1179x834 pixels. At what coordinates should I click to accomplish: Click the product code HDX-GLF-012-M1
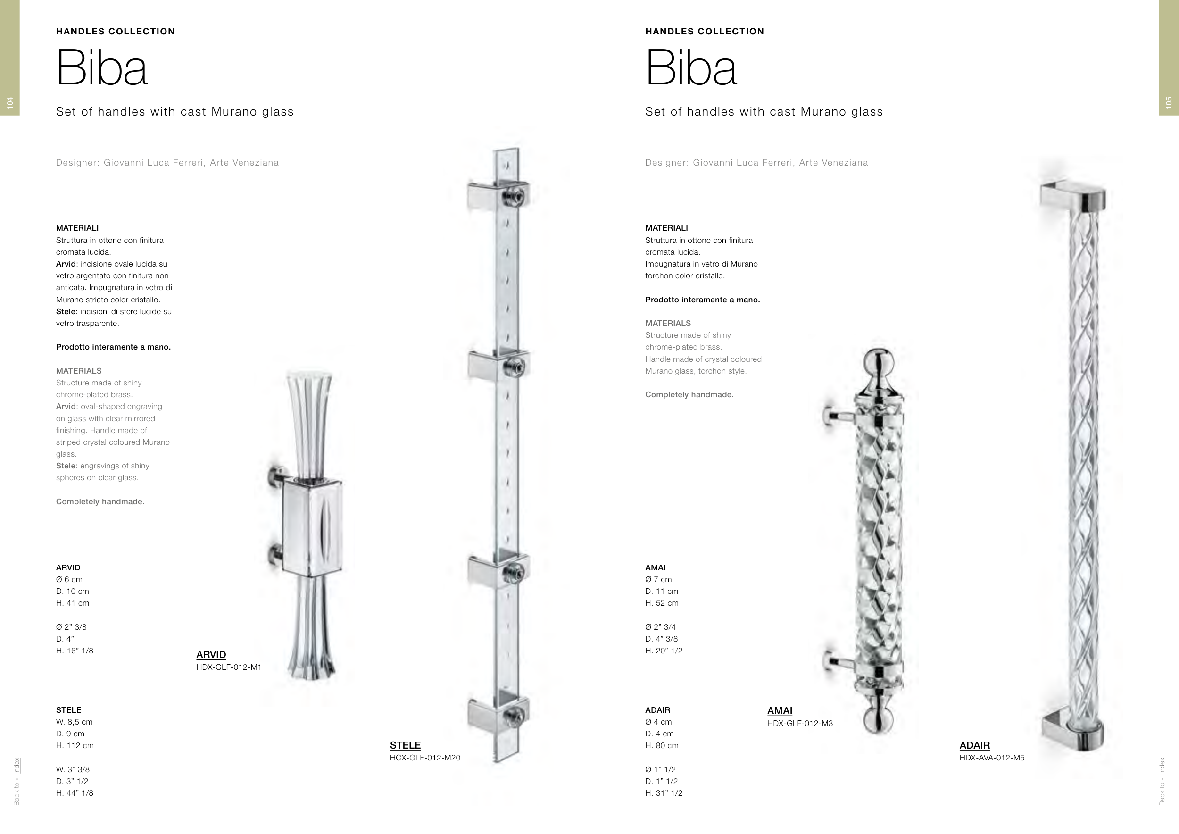tap(229, 667)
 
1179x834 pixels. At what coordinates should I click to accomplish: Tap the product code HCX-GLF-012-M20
tap(424, 758)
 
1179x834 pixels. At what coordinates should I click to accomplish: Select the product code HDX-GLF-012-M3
tap(800, 723)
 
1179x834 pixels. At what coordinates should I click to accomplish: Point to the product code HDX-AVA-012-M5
tap(992, 758)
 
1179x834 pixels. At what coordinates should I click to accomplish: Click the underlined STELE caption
tap(405, 745)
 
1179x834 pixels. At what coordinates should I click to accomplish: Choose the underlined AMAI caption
tap(780, 711)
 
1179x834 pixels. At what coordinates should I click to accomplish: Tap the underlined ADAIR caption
tap(975, 745)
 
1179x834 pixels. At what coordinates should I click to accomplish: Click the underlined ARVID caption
tap(211, 655)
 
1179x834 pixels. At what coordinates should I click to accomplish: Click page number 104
tap(10, 102)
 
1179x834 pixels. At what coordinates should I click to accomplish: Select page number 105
tap(1169, 102)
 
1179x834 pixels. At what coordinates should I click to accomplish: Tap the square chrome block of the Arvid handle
tap(312, 527)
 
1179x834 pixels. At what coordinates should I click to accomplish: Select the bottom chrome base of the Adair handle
tap(1073, 734)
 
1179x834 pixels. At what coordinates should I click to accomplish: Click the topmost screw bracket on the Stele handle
tap(498, 195)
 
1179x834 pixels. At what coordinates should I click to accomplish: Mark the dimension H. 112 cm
tap(75, 746)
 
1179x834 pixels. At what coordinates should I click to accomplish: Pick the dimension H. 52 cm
tap(662, 603)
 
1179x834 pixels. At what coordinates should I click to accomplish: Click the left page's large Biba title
tap(102, 68)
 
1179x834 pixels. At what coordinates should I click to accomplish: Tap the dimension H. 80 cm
tap(662, 746)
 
